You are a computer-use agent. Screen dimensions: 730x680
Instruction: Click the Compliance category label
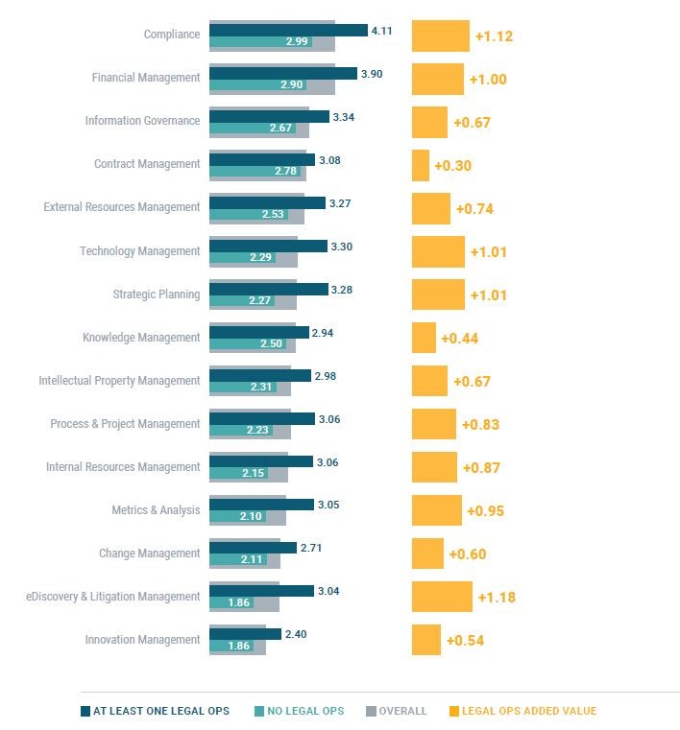(x=172, y=35)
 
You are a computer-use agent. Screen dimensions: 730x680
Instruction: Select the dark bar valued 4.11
(x=288, y=30)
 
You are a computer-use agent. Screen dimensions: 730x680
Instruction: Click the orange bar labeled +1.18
(x=442, y=597)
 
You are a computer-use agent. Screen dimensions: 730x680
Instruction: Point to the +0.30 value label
(x=452, y=166)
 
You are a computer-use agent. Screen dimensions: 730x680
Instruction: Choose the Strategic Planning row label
(x=157, y=294)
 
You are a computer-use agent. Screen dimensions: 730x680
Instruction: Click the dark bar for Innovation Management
(x=245, y=634)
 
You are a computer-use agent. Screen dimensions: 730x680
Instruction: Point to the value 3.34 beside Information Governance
(x=344, y=117)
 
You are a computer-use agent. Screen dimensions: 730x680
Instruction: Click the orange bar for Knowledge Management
(x=424, y=338)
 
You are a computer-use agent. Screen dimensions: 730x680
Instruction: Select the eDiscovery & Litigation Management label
(x=113, y=597)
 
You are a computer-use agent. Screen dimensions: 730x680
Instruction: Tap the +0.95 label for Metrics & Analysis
(x=485, y=511)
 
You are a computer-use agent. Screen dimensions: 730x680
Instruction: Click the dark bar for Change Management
(x=253, y=548)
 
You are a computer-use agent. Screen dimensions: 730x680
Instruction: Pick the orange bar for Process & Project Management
(x=434, y=424)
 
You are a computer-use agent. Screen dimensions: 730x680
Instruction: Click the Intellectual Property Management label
(x=119, y=381)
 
